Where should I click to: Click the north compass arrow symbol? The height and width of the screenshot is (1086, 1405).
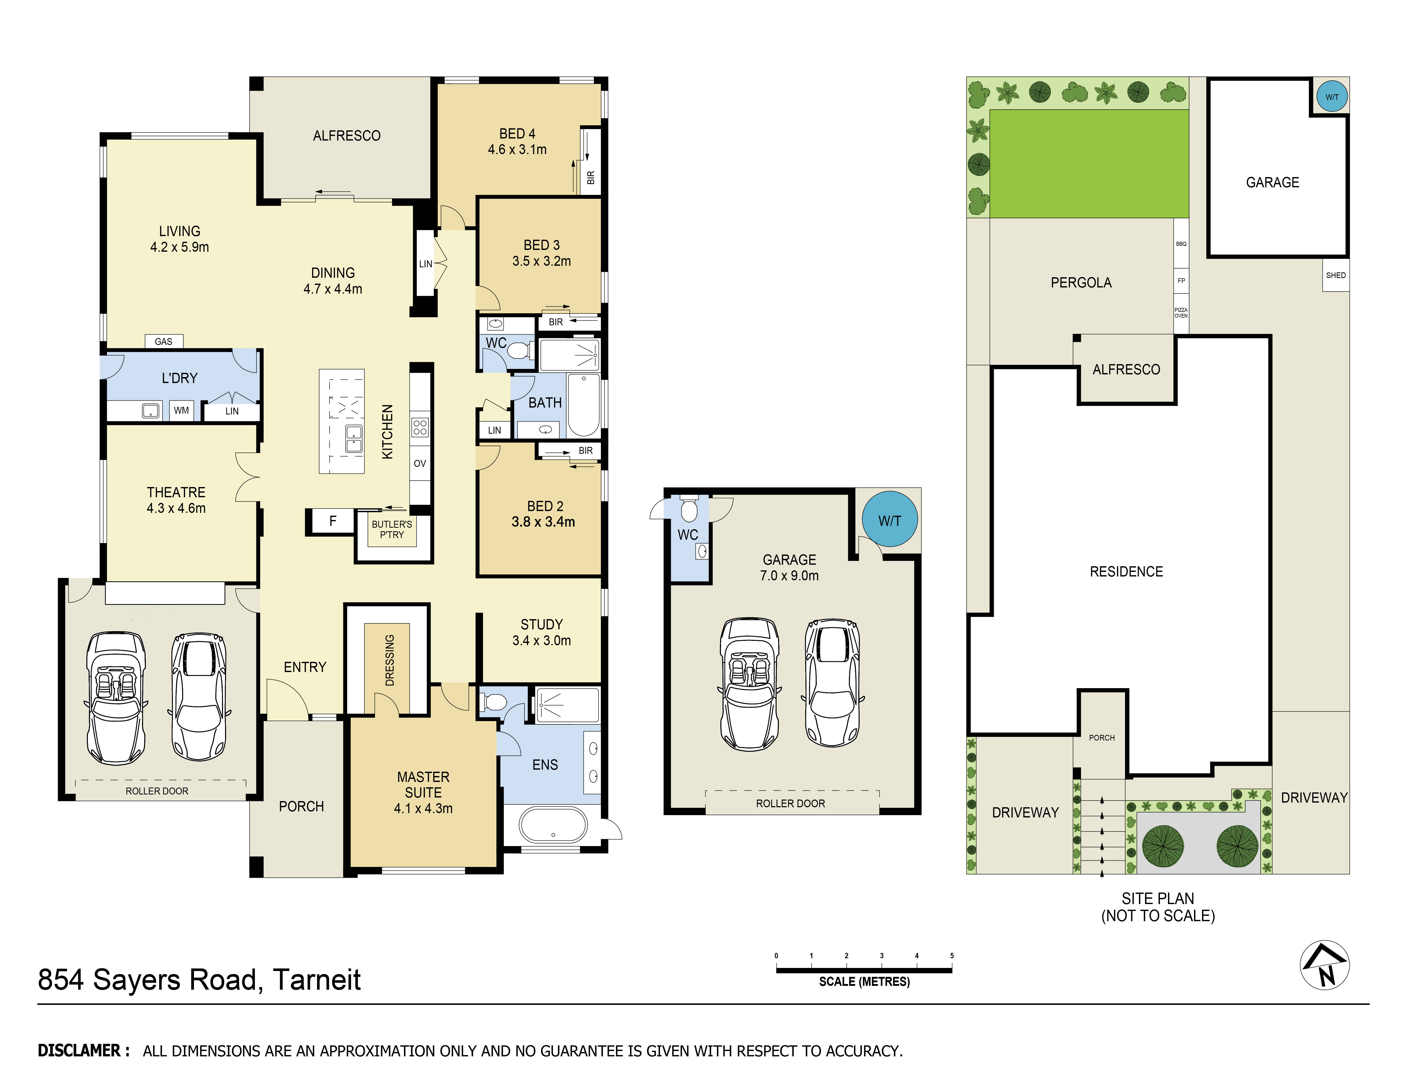pyautogui.click(x=1325, y=965)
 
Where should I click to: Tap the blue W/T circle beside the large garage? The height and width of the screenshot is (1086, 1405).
pyautogui.click(x=890, y=520)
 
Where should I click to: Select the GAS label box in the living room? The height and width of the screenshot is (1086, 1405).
pyautogui.click(x=163, y=342)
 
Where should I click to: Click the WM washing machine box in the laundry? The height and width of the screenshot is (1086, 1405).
pyautogui.click(x=181, y=410)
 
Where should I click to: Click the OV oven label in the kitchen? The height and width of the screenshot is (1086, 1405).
pyautogui.click(x=419, y=463)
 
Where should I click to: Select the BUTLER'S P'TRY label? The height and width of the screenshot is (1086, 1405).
pyautogui.click(x=392, y=529)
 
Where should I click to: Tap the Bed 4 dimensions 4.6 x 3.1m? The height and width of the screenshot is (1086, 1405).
pyautogui.click(x=517, y=149)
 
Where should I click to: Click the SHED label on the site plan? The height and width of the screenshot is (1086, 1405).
pyautogui.click(x=1336, y=275)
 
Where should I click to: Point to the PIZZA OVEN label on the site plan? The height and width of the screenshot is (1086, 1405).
pyautogui.click(x=1181, y=313)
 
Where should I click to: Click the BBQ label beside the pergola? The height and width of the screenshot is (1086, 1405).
pyautogui.click(x=1181, y=244)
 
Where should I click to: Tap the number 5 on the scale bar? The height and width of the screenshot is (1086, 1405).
pyautogui.click(x=952, y=956)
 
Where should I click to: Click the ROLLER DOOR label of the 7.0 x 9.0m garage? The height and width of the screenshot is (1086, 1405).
pyautogui.click(x=790, y=804)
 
